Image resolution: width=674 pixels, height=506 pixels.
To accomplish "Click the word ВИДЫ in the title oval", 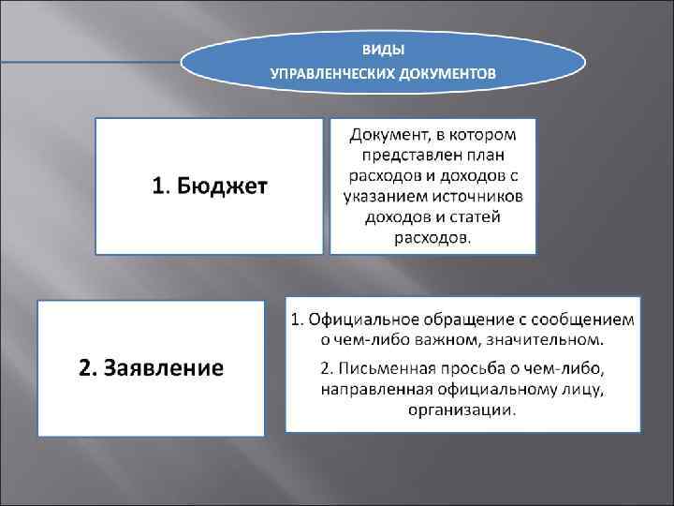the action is point(384,48).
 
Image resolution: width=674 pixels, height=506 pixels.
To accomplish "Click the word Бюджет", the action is point(221,187).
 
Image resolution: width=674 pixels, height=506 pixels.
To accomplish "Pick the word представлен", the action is point(401,156).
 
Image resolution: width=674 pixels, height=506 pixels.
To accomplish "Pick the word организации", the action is point(462,409).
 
